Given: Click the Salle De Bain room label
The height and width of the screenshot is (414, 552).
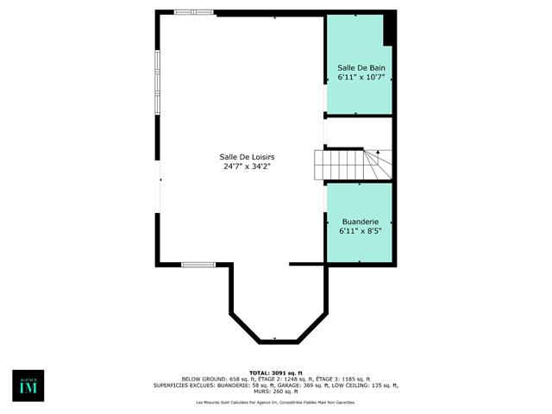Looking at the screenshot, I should (361, 67).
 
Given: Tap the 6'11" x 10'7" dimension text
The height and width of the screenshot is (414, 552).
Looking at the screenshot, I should (361, 78).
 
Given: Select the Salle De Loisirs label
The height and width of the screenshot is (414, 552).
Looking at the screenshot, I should (246, 156).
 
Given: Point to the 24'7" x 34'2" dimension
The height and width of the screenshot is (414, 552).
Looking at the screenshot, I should (246, 166).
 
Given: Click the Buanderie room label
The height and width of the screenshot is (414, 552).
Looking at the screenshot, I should (360, 221).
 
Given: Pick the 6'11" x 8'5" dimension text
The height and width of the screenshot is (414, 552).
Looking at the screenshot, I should (360, 230).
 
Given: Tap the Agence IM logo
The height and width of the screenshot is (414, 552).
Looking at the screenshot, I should (28, 386).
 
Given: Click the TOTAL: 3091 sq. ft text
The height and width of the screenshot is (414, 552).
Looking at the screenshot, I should (275, 372).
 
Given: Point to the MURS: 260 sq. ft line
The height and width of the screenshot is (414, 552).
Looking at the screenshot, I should (276, 391).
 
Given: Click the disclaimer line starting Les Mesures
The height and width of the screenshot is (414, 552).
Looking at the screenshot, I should (275, 403).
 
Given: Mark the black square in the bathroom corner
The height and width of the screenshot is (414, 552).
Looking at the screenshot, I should (389, 28).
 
